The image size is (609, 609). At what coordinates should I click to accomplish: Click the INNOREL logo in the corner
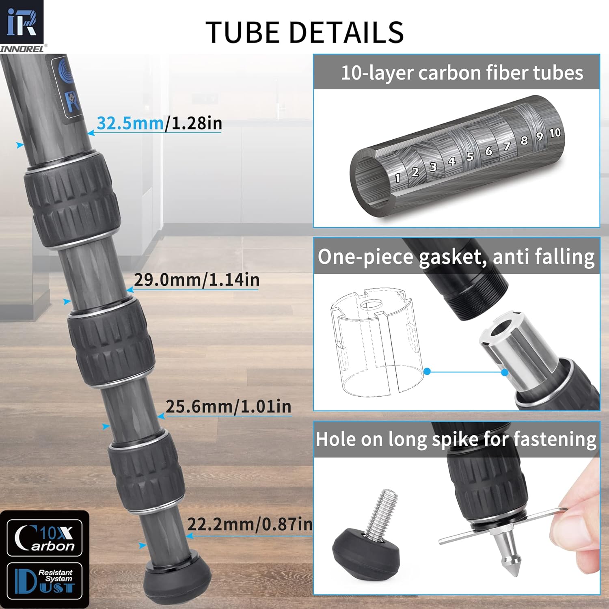click(x=22, y=27)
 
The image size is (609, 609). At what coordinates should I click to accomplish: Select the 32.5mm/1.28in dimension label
click(x=159, y=123)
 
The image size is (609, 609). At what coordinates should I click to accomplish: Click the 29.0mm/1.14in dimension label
click(x=197, y=280)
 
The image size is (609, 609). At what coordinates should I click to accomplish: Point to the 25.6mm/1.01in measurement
click(x=228, y=407)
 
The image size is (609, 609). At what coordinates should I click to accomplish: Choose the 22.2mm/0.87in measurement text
click(x=249, y=525)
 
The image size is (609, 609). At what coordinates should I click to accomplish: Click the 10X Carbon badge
click(x=45, y=538)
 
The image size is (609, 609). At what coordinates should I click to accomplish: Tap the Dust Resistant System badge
click(x=45, y=581)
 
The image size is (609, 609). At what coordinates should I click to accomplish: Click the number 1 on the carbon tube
click(x=397, y=178)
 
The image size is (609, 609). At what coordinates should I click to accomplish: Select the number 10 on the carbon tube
click(x=555, y=133)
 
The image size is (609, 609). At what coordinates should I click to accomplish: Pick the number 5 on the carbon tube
click(x=470, y=157)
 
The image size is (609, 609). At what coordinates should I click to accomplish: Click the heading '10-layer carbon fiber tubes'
click(x=462, y=73)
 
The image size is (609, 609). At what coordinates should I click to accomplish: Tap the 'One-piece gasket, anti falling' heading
click(x=456, y=257)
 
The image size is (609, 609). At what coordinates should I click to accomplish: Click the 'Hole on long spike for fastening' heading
click(x=456, y=439)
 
